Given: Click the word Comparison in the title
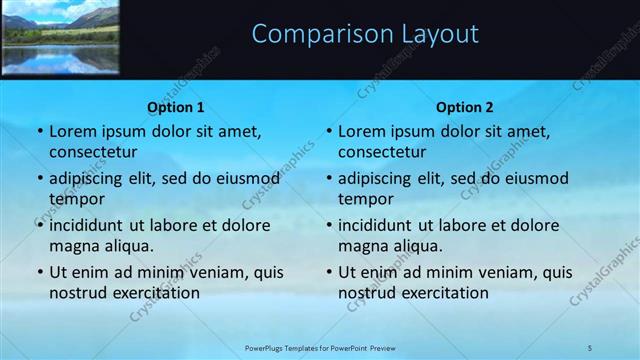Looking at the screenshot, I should pos(309,34).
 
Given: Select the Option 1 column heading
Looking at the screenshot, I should pos(176,107).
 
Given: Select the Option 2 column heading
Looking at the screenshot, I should pos(465,107).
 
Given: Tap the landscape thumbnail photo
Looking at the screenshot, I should pos(60,37).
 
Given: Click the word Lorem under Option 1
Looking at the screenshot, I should pos(73,131).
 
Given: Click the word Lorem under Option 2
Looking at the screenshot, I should pos(362,131).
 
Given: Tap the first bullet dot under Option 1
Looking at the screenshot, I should pos(39,132).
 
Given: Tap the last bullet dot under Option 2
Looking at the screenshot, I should pos(328,273).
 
